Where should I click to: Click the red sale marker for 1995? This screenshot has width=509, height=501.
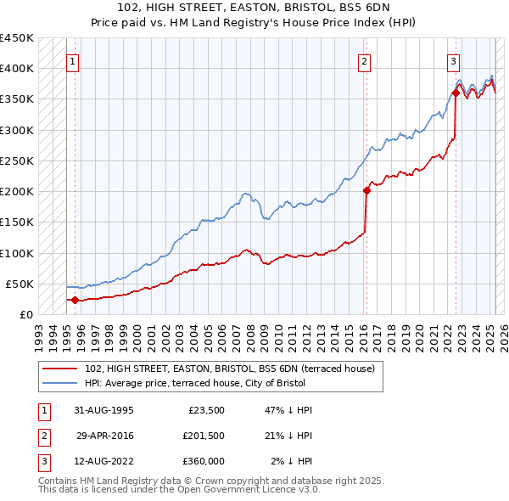pyautogui.click(x=75, y=300)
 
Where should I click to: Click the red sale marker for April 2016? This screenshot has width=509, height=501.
pyautogui.click(x=366, y=190)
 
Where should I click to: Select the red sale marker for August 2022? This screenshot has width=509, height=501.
pyautogui.click(x=456, y=93)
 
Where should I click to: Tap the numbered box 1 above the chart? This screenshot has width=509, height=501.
pyautogui.click(x=73, y=61)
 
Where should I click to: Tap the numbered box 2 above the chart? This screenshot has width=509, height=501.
pyautogui.click(x=364, y=61)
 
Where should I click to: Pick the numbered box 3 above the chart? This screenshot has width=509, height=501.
pyautogui.click(x=454, y=61)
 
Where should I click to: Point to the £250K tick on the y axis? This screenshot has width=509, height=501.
pyautogui.click(x=16, y=160)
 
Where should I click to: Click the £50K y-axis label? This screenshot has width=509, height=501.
pyautogui.click(x=20, y=284)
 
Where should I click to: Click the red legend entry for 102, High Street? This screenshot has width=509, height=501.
pyautogui.click(x=235, y=368)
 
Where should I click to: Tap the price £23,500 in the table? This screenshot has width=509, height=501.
pyautogui.click(x=204, y=410)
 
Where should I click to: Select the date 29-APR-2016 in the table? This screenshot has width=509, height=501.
pyautogui.click(x=104, y=436)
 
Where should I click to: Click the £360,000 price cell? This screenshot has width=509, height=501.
pyautogui.click(x=204, y=461)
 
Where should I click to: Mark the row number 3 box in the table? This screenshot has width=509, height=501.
pyautogui.click(x=42, y=462)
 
